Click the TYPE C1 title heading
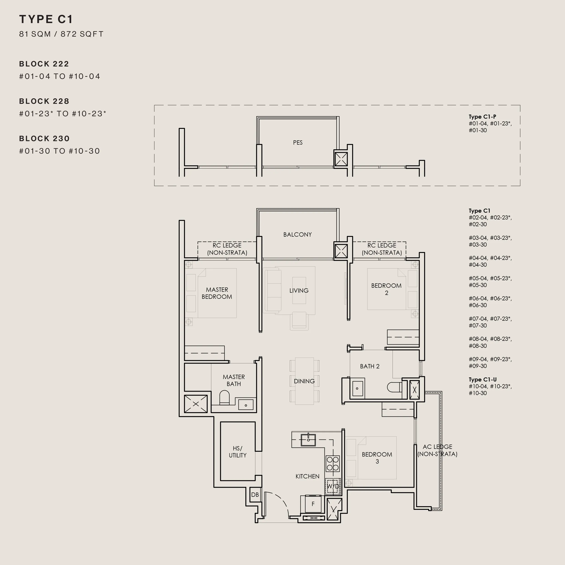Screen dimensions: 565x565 point(46,19)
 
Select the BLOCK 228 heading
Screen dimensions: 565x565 point(44,101)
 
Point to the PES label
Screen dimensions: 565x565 point(298,142)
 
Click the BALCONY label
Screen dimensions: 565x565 point(297,235)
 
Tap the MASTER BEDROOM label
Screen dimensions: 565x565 point(217,293)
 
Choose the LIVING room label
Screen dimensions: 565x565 point(299,290)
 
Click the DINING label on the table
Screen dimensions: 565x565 point(304,381)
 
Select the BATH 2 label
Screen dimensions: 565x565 point(370,366)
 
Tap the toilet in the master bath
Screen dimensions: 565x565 point(224,398)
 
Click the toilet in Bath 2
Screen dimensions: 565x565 point(395,387)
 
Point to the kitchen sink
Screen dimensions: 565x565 point(308,440)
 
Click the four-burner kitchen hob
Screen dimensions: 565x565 point(333,464)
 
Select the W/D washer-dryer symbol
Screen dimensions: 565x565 point(333,486)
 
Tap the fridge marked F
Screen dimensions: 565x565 point(313,504)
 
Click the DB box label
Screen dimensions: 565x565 point(255,494)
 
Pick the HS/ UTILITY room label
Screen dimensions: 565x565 point(238,452)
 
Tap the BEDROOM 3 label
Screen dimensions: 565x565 point(377,458)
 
